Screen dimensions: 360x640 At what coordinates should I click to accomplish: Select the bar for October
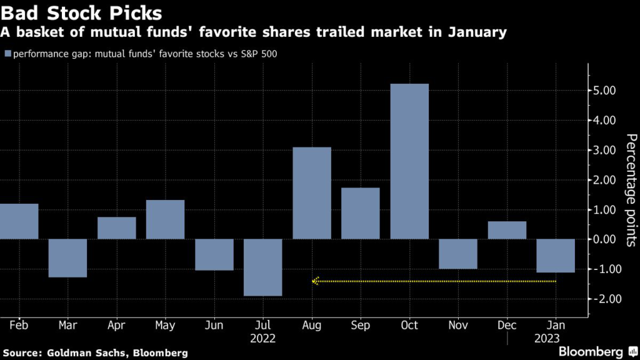coord(409,161)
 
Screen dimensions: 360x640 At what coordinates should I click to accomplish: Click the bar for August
coord(312,193)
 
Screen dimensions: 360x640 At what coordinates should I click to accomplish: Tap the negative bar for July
coord(263,267)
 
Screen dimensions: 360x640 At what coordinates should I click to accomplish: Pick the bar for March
coord(68,257)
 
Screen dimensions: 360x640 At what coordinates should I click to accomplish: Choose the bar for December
coord(507,230)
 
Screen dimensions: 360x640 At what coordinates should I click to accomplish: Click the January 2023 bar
coord(556,256)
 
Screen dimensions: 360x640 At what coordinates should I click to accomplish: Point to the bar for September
coord(361,213)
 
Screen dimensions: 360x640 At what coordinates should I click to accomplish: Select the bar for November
coord(458,254)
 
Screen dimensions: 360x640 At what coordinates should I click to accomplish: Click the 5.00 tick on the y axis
coord(606,91)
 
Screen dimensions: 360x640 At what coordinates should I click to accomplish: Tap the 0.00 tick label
coord(606,239)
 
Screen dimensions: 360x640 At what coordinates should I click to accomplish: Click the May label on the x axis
coord(166,326)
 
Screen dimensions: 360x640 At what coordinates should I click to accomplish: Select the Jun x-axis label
coord(214,326)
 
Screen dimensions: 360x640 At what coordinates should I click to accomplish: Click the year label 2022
coord(263,338)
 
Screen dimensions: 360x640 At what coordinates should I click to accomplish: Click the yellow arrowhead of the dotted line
coord(316,281)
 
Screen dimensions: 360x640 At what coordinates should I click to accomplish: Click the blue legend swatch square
coord(7,54)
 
